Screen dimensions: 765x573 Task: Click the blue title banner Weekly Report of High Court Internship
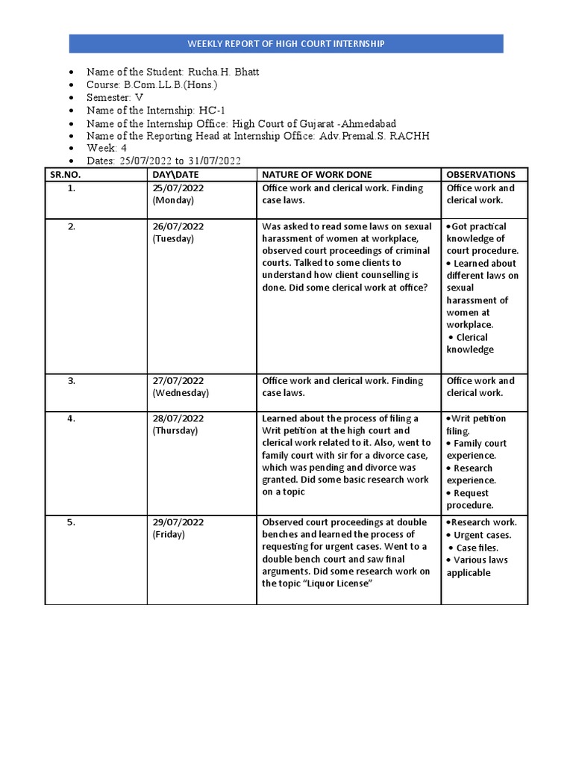coord(286,44)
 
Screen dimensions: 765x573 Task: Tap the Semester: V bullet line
coord(115,98)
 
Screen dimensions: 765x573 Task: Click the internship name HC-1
coord(212,111)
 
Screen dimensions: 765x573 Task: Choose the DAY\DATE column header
coord(176,174)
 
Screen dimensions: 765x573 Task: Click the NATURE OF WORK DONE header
coord(317,174)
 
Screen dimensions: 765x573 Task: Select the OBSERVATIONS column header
coord(480,174)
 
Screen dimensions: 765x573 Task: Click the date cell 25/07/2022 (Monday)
coord(178,194)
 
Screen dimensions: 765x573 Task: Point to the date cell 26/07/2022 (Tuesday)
coord(178,232)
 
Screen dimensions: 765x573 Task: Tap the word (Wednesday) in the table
coord(181,393)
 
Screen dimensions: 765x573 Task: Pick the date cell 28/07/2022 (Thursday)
coord(178,424)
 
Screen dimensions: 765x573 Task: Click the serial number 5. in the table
coord(72,523)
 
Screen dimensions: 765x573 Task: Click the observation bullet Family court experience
coord(477,449)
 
